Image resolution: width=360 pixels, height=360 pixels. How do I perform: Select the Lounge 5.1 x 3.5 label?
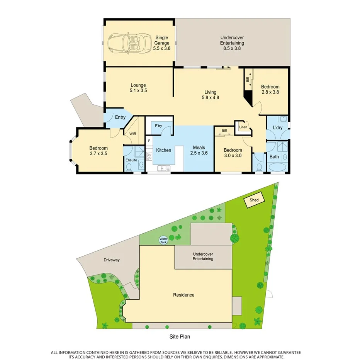coord(138,88)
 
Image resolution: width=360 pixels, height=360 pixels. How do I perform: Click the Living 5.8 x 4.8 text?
coord(211,95)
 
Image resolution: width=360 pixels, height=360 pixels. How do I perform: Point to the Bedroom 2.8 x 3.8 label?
coord(270,89)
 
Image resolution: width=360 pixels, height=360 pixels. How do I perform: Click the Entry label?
coord(120,117)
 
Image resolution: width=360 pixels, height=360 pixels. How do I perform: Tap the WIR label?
coord(133,134)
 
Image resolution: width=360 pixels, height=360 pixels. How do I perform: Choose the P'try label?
coord(158,126)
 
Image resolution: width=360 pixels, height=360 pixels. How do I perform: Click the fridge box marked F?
coord(149,141)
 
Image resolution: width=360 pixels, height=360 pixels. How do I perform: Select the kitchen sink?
coord(163,168)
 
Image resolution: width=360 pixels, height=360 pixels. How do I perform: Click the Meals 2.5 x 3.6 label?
coord(199,150)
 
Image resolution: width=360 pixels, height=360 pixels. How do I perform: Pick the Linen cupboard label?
coord(243,127)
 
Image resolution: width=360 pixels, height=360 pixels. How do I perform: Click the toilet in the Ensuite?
coord(129,167)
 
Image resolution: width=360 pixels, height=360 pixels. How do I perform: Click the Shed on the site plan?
coord(254,200)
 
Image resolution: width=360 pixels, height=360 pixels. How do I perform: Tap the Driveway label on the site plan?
coord(111,260)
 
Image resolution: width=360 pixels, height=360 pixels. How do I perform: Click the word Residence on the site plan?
coord(183,295)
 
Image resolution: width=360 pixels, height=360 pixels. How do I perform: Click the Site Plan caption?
coord(180,337)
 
